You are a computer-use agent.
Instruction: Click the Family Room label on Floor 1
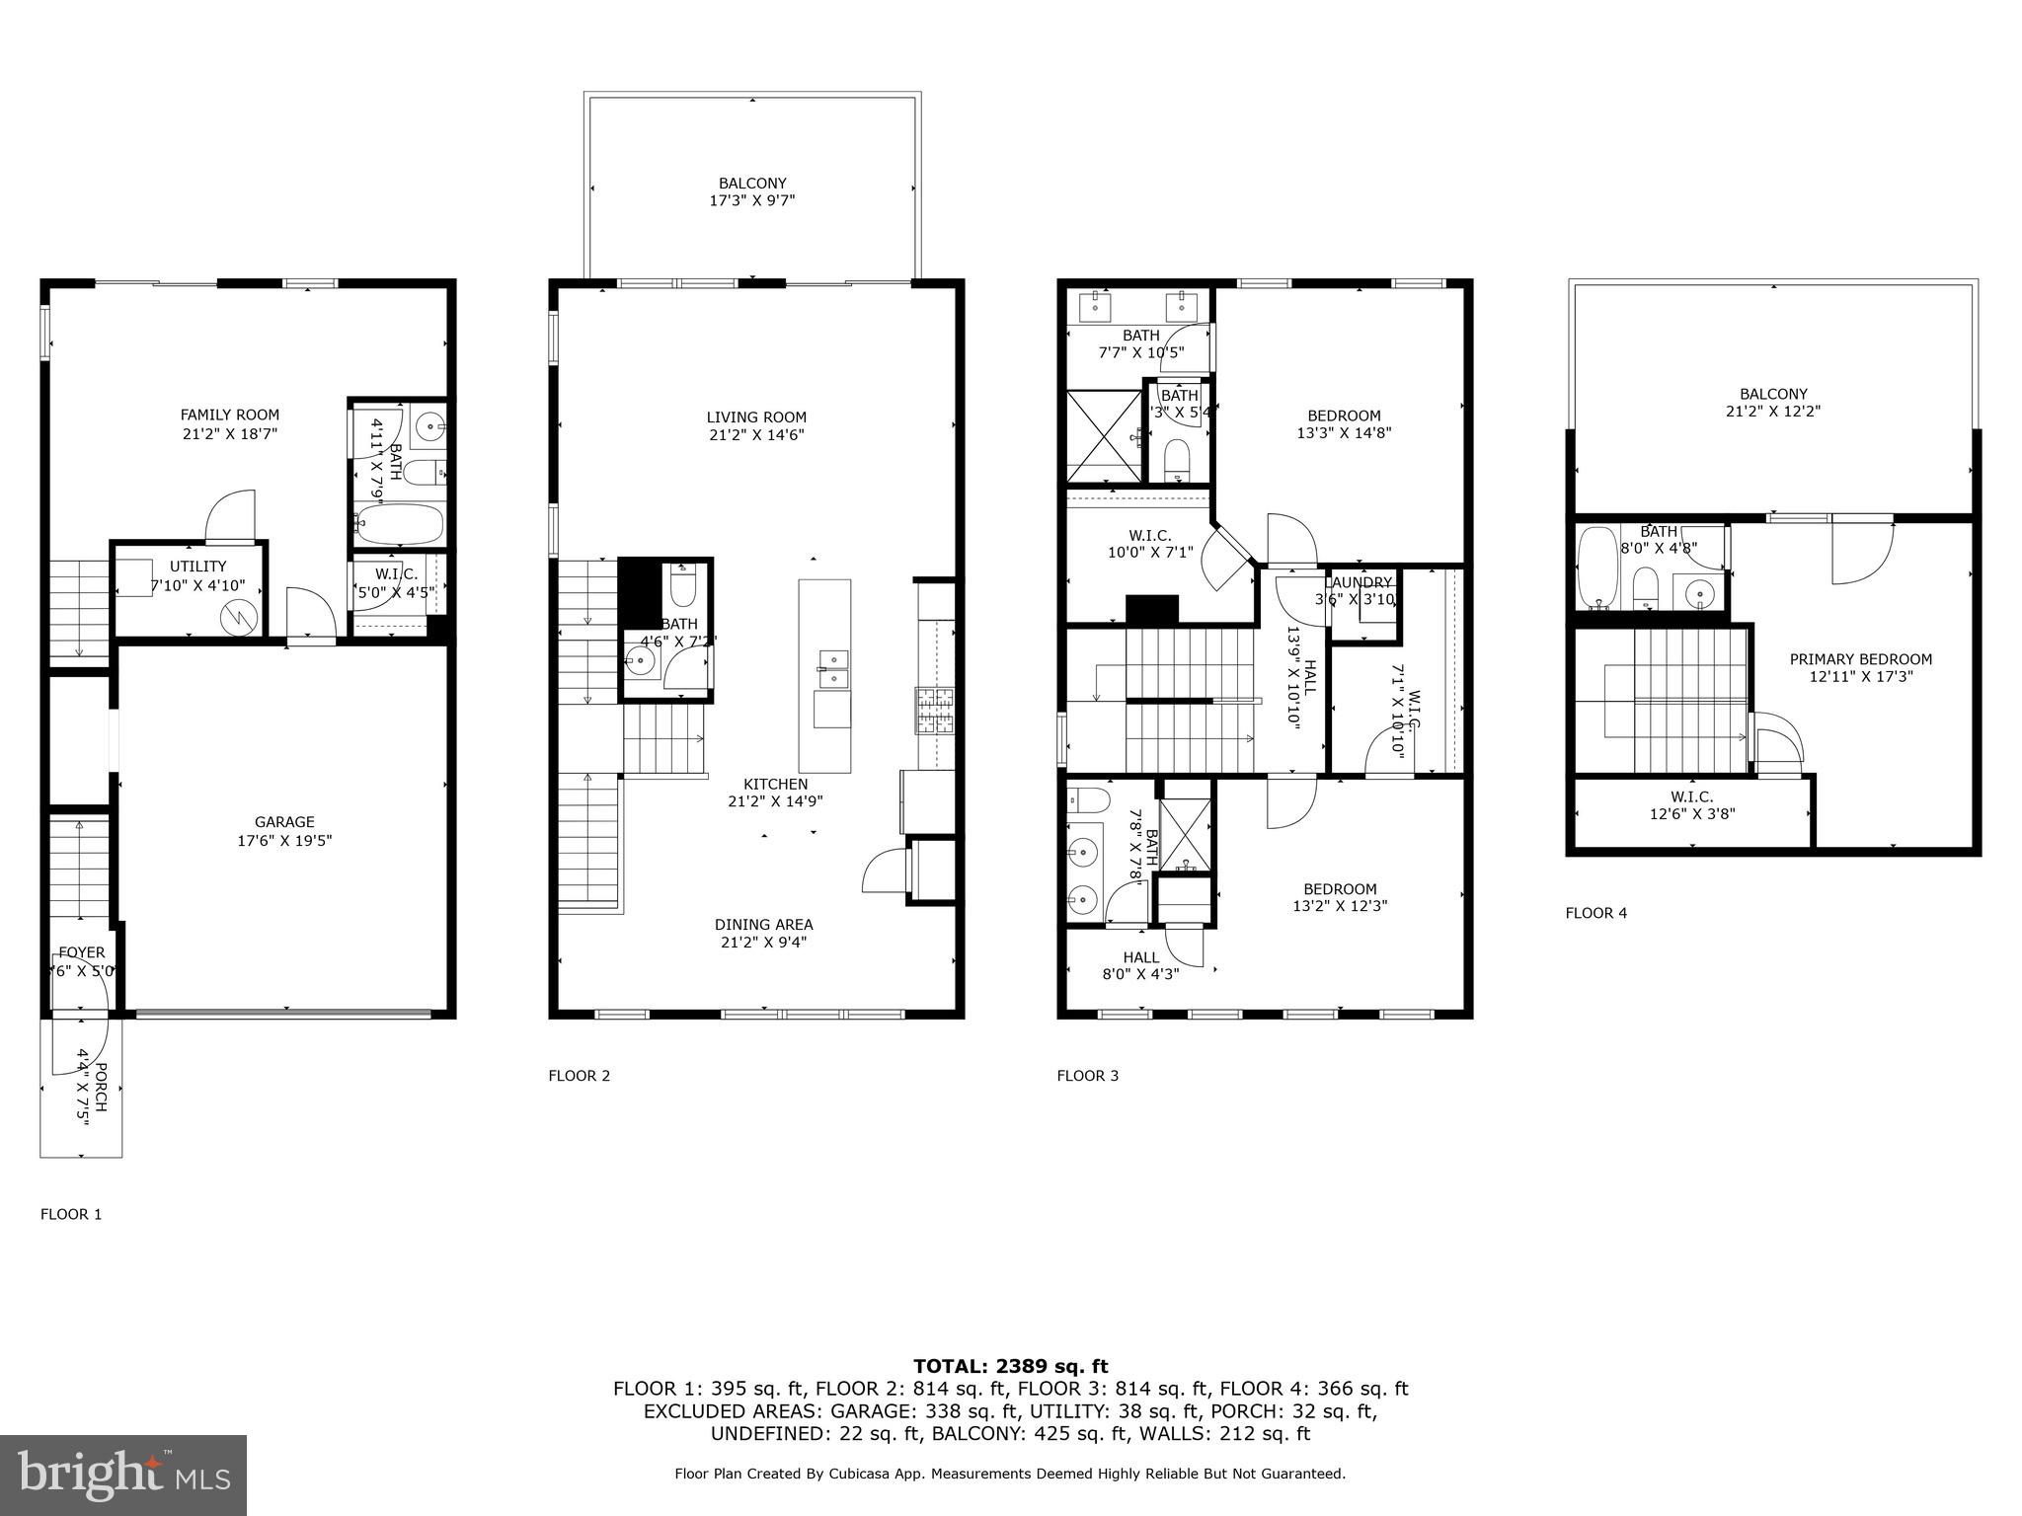coord(229,416)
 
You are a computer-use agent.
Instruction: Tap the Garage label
coord(284,822)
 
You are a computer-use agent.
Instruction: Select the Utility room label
coord(197,567)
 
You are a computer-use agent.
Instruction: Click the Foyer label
coord(81,952)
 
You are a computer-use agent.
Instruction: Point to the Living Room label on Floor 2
coord(756,417)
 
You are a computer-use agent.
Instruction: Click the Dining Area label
coord(763,925)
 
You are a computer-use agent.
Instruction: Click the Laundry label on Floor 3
coord(1361,583)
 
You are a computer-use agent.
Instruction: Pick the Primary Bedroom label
coord(1860,659)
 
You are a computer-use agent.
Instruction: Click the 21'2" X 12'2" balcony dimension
coord(1773,412)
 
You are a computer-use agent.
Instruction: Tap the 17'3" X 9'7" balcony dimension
coord(752,200)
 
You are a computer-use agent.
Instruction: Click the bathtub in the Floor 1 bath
coord(398,523)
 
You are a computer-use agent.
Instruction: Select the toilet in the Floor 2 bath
coord(683,588)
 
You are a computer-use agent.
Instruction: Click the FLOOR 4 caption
coord(1595,913)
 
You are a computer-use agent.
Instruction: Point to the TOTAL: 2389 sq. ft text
coord(1010,1366)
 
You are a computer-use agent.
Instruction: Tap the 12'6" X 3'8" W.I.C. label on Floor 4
coord(1691,814)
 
